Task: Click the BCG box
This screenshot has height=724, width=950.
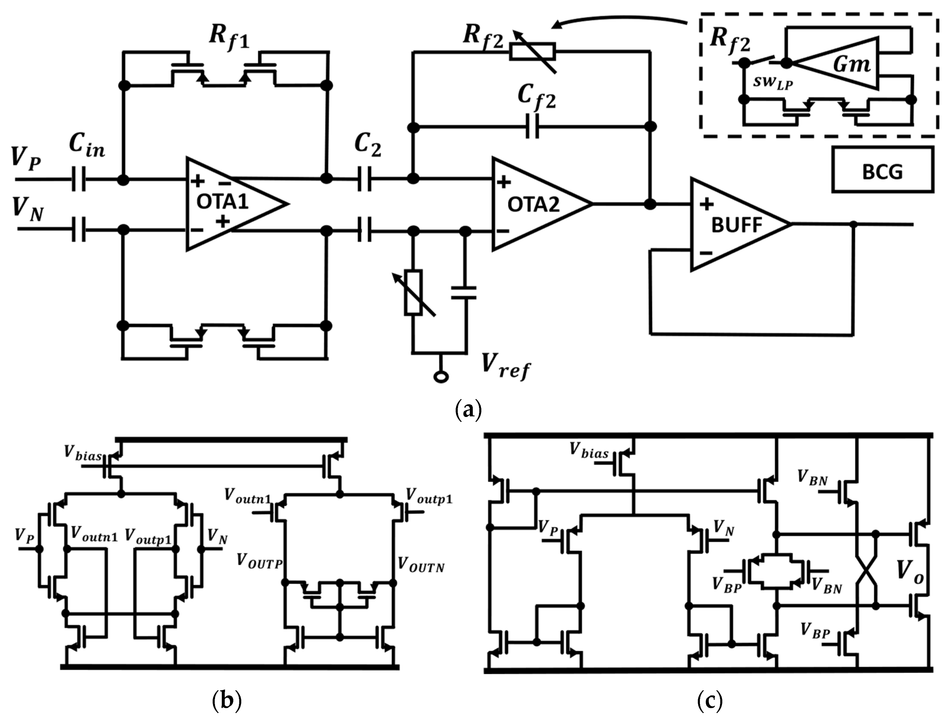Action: coord(882,169)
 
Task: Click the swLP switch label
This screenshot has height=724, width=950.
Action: coord(773,82)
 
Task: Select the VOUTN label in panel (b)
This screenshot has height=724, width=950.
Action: coord(421,565)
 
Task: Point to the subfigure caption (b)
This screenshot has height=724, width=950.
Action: coord(227,701)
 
